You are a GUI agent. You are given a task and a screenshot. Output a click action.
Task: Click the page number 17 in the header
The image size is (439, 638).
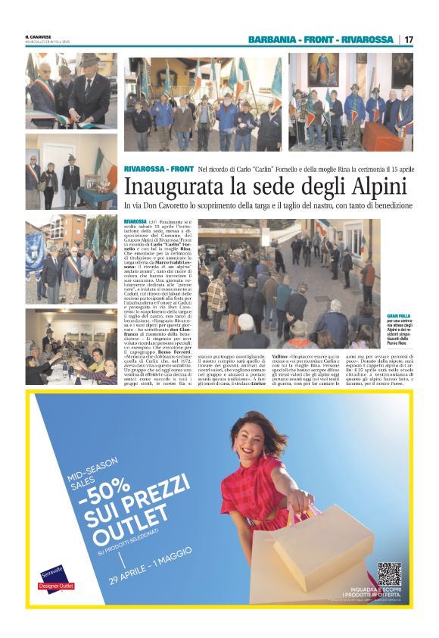(409, 39)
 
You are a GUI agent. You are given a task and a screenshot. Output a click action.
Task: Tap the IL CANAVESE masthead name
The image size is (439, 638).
(38, 37)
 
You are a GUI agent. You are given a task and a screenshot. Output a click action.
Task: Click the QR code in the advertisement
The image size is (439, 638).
(389, 574)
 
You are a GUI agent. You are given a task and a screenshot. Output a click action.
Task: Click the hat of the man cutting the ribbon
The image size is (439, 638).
(89, 59)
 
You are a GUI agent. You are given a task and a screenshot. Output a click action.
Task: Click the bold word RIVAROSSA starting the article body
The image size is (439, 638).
(135, 220)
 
